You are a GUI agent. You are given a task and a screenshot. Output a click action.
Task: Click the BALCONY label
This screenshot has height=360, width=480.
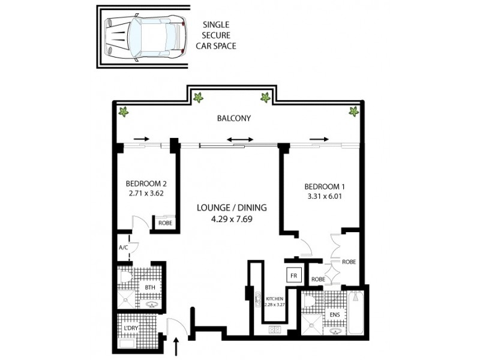coord(233,118)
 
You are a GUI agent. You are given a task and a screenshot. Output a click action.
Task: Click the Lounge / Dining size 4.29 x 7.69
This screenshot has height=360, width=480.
coord(231,219)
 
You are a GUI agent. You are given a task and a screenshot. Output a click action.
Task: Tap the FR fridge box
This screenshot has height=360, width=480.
coord(294,275)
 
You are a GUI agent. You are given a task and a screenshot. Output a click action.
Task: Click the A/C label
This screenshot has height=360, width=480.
coord(124,246)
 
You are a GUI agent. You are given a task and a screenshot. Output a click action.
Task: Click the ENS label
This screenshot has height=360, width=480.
coord(334,314)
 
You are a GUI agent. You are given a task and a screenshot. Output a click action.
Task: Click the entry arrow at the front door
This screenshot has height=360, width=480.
coord(176,347)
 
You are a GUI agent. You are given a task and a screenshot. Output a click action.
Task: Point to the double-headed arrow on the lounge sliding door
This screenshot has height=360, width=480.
coord(239,139)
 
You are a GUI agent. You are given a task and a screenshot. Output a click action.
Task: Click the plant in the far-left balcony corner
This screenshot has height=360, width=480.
coord(124,111)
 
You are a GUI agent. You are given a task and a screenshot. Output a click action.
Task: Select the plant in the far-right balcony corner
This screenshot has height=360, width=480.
coord(353,110)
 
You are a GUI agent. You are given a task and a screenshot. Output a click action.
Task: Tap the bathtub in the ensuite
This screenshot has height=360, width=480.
coord(355,312)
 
